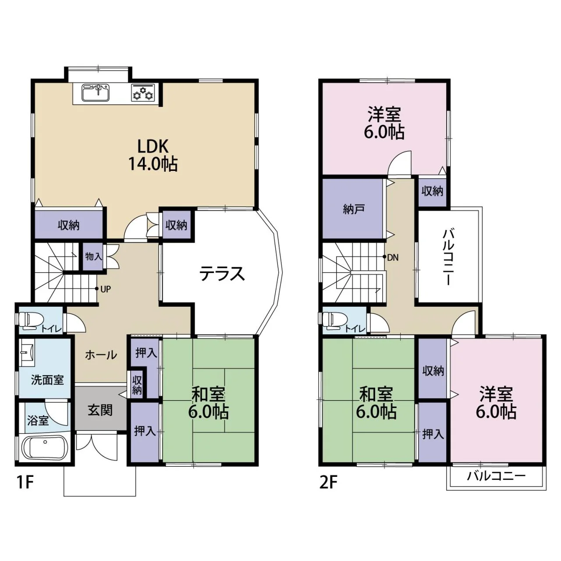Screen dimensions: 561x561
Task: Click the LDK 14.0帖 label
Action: tap(153, 156)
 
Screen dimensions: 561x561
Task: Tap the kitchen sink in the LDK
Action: tap(96, 92)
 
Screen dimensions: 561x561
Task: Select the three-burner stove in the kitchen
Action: tap(143, 92)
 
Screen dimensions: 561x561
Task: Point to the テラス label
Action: tap(222, 274)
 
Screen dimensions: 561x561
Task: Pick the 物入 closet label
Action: tap(93, 257)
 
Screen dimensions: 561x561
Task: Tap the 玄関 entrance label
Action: tap(100, 411)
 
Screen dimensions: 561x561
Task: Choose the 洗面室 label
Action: tap(47, 380)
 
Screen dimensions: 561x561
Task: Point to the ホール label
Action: tap(101, 355)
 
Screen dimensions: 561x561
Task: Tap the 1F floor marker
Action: tap(25, 483)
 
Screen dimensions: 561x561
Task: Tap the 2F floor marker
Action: tap(328, 483)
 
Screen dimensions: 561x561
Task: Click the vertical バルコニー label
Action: tap(448, 257)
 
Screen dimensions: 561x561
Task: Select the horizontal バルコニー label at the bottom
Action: tap(496, 476)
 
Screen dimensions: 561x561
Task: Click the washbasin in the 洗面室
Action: tap(27, 349)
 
